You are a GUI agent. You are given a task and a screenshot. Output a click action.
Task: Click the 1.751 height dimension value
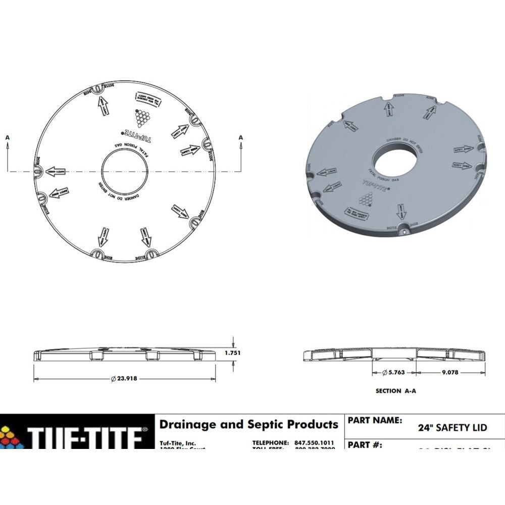(x=232, y=353)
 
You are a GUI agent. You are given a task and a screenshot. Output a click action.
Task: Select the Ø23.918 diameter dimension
(x=124, y=379)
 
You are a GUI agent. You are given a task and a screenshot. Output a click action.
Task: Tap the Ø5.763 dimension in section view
(x=394, y=373)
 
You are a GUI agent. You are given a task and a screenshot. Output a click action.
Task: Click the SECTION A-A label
(x=395, y=391)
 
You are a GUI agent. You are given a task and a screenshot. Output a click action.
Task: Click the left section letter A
(x=8, y=137)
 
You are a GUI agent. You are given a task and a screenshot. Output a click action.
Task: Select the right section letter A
(x=240, y=137)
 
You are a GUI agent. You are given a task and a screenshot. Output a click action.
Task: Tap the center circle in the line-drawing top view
(x=124, y=172)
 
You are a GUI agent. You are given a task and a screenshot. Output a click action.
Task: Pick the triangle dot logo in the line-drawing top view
(x=143, y=118)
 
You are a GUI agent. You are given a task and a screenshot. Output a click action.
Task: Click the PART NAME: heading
(x=374, y=420)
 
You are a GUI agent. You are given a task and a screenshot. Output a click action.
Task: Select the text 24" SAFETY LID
(x=452, y=428)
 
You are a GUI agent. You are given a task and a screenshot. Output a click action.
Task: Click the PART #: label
(x=365, y=445)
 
